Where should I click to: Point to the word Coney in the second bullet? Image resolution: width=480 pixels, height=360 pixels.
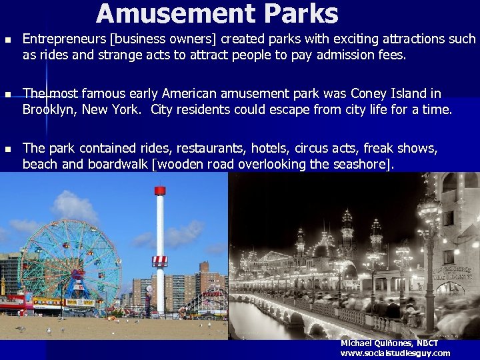[368, 93]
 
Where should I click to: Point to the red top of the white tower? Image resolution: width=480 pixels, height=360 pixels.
[159, 191]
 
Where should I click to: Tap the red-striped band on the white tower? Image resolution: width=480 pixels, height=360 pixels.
[159, 260]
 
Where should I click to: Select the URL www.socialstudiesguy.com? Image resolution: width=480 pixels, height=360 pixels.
[395, 353]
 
